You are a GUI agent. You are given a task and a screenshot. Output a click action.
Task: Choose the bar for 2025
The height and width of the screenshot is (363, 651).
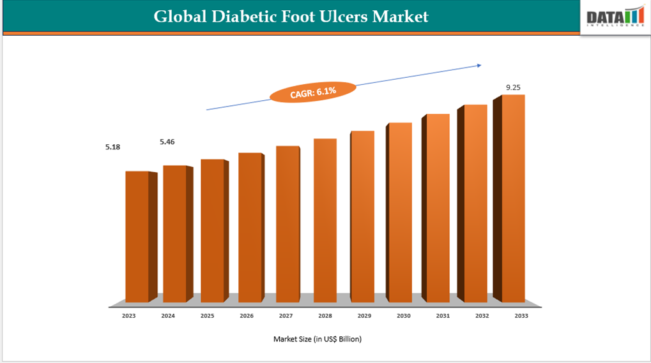tap(212, 230)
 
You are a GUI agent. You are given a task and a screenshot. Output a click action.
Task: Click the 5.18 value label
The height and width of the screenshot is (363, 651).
tap(113, 147)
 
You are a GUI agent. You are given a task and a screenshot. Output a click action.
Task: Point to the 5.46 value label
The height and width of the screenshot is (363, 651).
tap(167, 142)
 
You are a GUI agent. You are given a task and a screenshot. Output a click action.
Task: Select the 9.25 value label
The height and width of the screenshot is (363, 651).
tap(514, 87)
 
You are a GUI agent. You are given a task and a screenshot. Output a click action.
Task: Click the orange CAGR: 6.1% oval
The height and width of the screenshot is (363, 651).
tap(312, 93)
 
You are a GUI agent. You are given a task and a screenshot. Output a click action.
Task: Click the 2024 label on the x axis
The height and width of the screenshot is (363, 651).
tap(168, 316)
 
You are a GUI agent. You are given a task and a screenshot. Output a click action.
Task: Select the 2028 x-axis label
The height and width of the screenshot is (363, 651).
tap(325, 316)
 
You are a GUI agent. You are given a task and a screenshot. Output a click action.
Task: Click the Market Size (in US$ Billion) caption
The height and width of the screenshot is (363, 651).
tap(318, 339)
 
